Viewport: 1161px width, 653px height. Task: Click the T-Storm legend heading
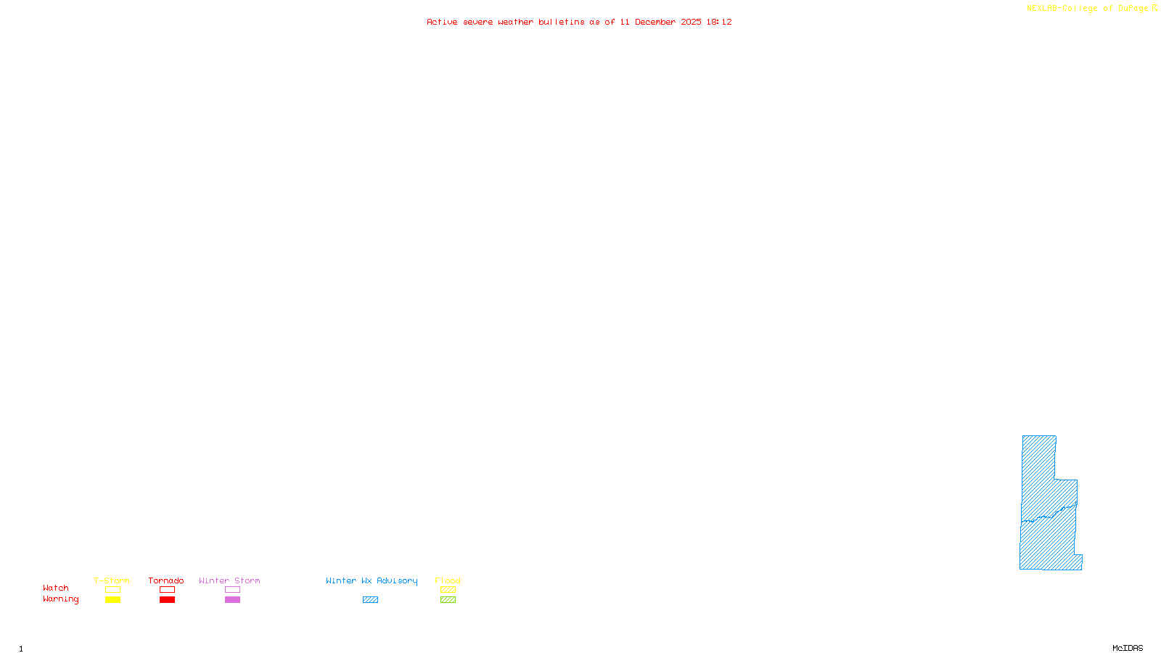112,580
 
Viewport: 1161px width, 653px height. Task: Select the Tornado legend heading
166,580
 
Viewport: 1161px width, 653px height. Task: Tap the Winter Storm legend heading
229,580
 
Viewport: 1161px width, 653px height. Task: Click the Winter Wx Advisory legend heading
372,580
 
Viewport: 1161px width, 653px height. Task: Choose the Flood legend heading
448,580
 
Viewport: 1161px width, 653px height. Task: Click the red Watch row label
56,588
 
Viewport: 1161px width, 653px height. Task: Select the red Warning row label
61,599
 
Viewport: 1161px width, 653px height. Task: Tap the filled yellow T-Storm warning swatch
112,600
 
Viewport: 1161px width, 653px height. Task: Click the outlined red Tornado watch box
167,590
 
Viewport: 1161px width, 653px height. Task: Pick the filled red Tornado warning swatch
167,600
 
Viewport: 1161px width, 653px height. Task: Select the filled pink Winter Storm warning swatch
232,600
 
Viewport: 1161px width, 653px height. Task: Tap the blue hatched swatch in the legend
370,600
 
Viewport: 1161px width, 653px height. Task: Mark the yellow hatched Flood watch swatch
448,590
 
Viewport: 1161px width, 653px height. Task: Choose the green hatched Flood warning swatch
448,600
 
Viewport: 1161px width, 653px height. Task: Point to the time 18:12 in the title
719,22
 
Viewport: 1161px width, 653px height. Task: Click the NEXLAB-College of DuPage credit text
1088,9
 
